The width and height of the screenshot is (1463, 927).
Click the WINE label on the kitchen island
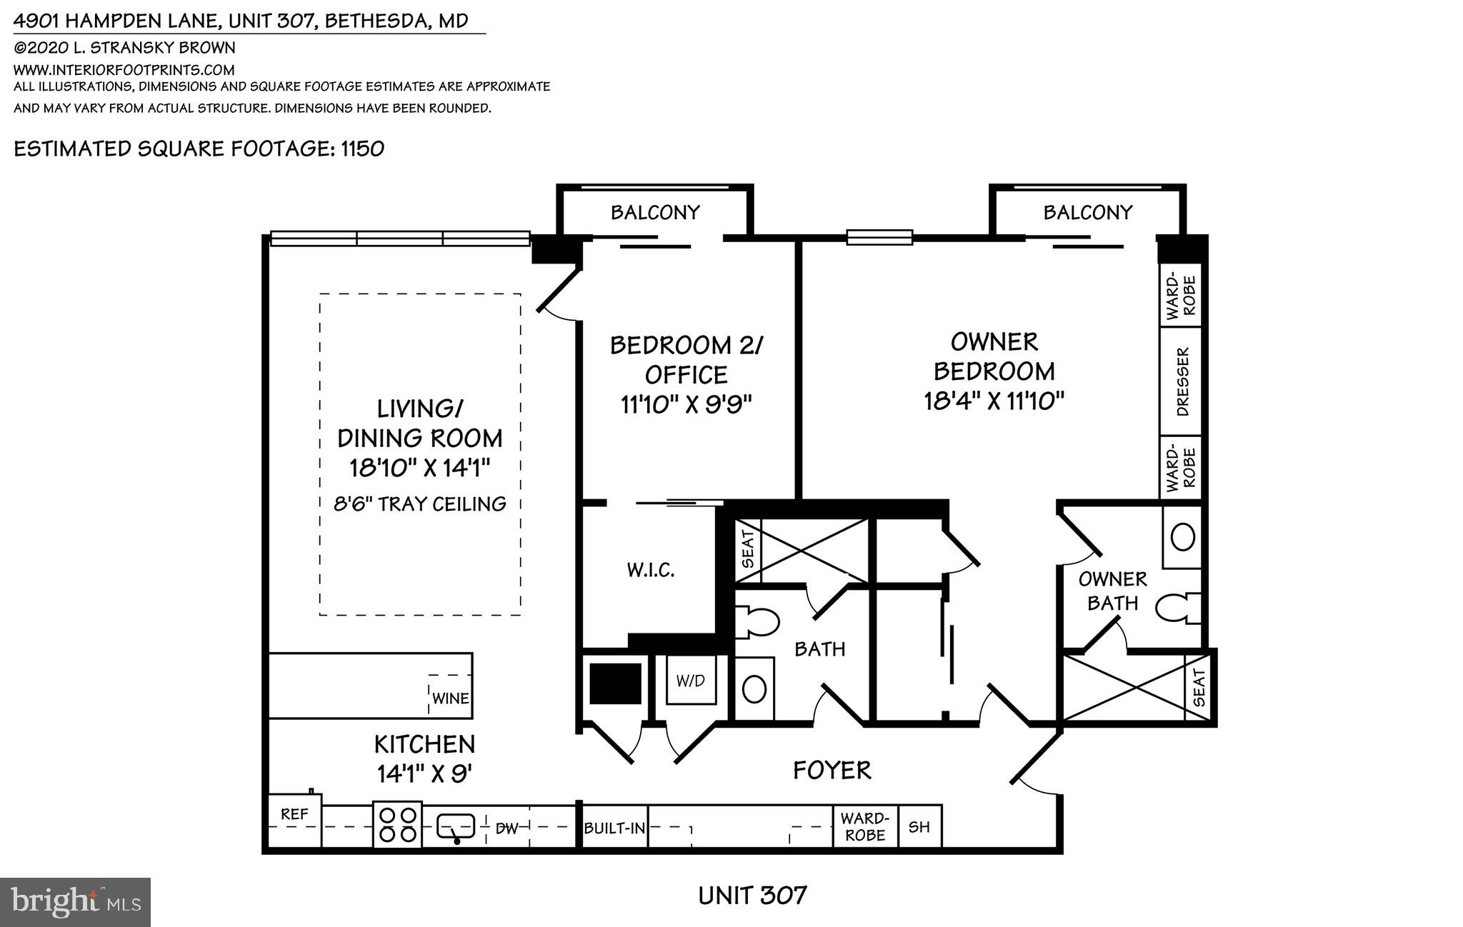click(450, 698)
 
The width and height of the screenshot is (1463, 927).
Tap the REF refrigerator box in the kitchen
click(294, 815)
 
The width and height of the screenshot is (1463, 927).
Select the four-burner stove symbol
click(398, 825)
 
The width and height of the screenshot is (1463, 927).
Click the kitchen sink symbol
click(456, 827)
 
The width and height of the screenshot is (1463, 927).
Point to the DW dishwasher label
click(506, 828)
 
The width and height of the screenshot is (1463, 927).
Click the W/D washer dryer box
click(690, 681)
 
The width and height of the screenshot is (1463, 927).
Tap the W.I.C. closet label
click(651, 570)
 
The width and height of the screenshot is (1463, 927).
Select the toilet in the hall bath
click(758, 621)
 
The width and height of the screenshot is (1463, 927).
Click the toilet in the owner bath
click(1175, 609)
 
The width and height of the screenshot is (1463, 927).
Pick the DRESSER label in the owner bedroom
click(1182, 382)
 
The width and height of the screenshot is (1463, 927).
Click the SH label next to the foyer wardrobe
click(919, 827)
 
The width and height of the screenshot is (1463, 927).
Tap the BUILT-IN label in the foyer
click(614, 828)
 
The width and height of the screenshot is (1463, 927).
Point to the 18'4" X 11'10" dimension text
click(994, 401)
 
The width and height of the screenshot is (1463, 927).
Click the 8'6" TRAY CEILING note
click(420, 504)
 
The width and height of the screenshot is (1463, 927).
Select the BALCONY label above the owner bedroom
click(1087, 212)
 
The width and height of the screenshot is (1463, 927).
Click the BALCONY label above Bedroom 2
click(654, 212)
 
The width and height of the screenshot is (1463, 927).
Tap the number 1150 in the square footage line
click(362, 149)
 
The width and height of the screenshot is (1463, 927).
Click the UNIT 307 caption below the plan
click(752, 895)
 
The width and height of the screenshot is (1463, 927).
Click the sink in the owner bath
click(1183, 537)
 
